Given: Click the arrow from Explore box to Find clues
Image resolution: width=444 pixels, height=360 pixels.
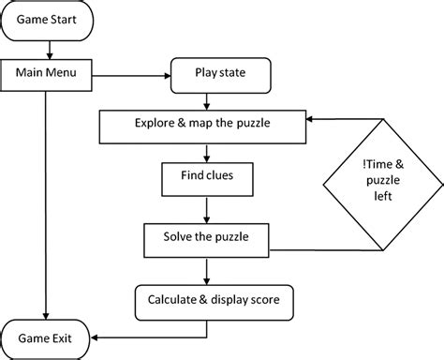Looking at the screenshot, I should click(x=207, y=148).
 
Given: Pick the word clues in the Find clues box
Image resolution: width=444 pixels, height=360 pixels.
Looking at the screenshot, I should click(x=220, y=174).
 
